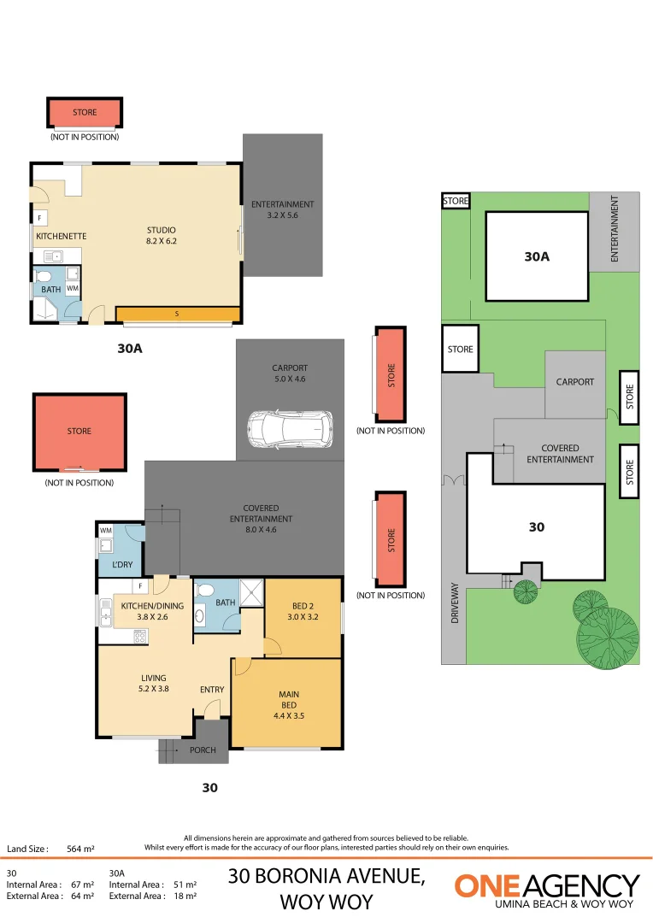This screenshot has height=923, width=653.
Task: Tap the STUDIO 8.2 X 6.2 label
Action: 161,235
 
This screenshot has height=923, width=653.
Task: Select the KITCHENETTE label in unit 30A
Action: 61,236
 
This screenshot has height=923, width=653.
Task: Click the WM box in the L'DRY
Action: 106,531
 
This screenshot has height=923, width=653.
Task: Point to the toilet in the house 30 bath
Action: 200,614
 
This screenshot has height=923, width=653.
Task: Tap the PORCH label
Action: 203,750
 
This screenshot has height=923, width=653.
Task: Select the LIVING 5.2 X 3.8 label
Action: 154,683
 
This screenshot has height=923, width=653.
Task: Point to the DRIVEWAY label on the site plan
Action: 455,603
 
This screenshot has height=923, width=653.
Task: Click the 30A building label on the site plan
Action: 537,255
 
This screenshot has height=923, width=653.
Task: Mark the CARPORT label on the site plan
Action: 574,382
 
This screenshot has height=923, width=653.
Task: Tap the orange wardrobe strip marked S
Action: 177,314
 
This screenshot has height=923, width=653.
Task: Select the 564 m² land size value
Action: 80,850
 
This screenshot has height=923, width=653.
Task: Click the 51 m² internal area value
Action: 185,885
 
